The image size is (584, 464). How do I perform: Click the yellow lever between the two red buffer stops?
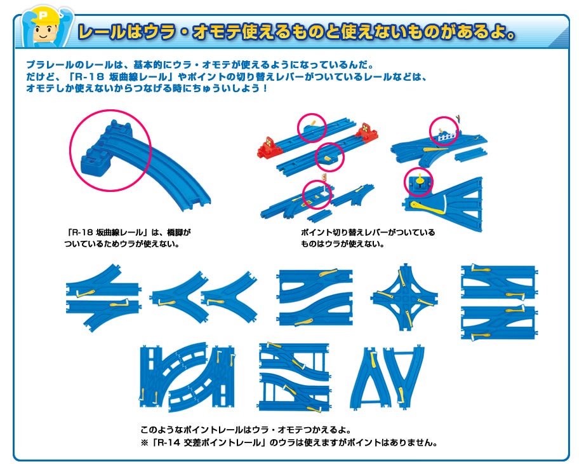coord(313,123)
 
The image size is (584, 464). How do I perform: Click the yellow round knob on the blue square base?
coord(420,181)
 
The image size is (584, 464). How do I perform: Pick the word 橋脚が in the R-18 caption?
coord(179,233)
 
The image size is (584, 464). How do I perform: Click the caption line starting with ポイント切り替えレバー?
coord(368,233)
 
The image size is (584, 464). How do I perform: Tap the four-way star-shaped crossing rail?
coord(404,297)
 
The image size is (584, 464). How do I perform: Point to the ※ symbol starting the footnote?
coord(145,443)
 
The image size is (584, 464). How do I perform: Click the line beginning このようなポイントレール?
coord(246,430)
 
